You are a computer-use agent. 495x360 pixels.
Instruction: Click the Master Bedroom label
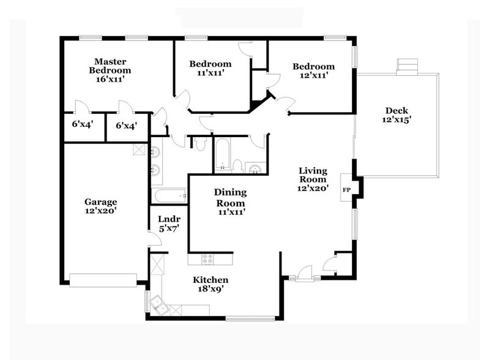pyautogui.click(x=110, y=66)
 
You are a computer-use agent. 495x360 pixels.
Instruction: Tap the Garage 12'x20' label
pyautogui.click(x=100, y=206)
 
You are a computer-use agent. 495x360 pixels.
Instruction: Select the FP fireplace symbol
pyautogui.click(x=346, y=190)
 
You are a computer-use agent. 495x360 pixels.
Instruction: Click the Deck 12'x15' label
pyautogui.click(x=396, y=115)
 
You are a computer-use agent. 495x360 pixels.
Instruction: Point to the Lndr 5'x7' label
pyautogui.click(x=168, y=223)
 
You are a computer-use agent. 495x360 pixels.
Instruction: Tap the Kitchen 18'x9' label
pyautogui.click(x=211, y=284)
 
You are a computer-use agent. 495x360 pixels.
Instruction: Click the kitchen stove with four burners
pyautogui.click(x=209, y=259)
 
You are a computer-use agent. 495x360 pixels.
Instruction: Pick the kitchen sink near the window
pyautogui.click(x=160, y=304)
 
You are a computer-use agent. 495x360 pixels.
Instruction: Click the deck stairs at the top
pyautogui.click(x=407, y=66)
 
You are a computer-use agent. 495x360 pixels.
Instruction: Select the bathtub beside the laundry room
pyautogui.click(x=169, y=197)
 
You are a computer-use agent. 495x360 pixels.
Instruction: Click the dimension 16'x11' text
pyautogui.click(x=111, y=79)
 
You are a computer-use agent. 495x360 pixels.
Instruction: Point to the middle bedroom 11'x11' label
pyautogui.click(x=210, y=68)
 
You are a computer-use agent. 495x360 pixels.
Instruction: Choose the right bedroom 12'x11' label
pyautogui.click(x=313, y=70)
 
